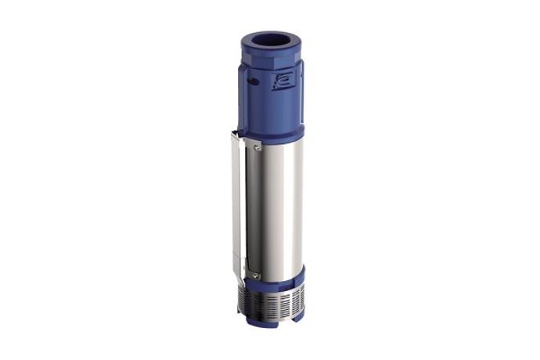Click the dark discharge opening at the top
coord(272,41)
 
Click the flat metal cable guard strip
coord(236,211)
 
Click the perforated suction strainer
coord(274,301)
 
